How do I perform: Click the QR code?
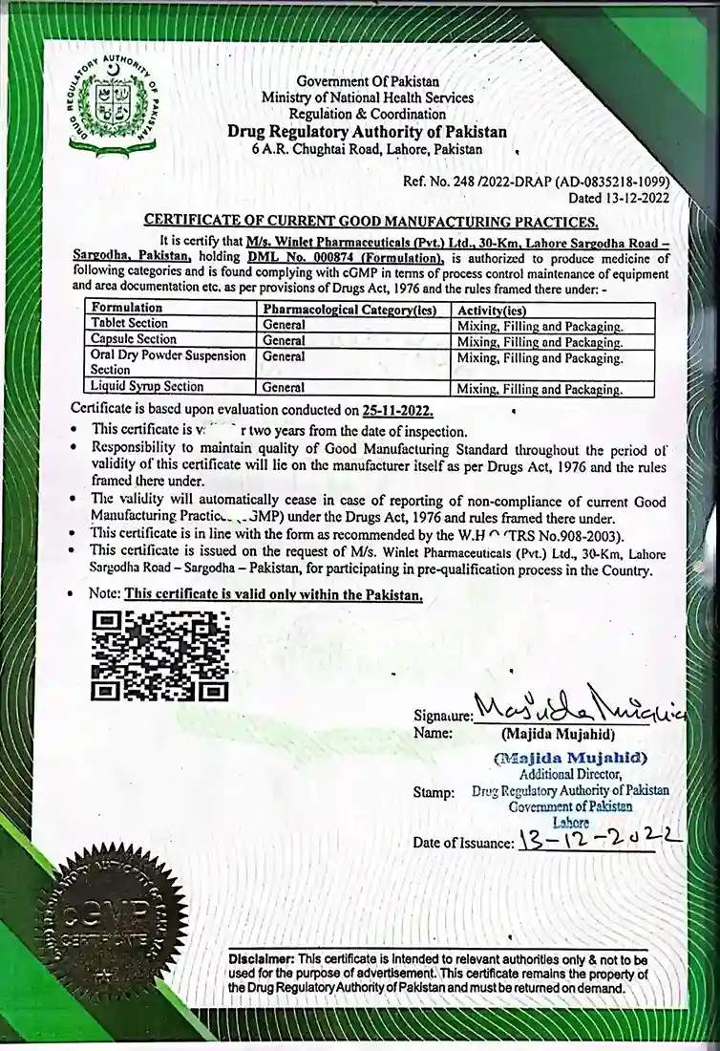tap(159, 655)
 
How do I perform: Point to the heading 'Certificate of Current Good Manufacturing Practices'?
tap(371, 222)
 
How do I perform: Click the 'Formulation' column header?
tap(126, 309)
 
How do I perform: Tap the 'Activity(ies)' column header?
tap(495, 310)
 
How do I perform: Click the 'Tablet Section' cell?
tap(128, 324)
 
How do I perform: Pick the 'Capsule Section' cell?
tap(132, 339)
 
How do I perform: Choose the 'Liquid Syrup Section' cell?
tap(146, 387)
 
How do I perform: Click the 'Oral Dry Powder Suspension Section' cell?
tap(167, 362)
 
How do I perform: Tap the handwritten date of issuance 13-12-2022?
tap(598, 842)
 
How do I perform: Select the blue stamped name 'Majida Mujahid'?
tap(571, 758)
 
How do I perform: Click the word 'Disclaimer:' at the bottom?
tap(262, 957)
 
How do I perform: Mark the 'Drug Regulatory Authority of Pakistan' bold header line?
tap(367, 132)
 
